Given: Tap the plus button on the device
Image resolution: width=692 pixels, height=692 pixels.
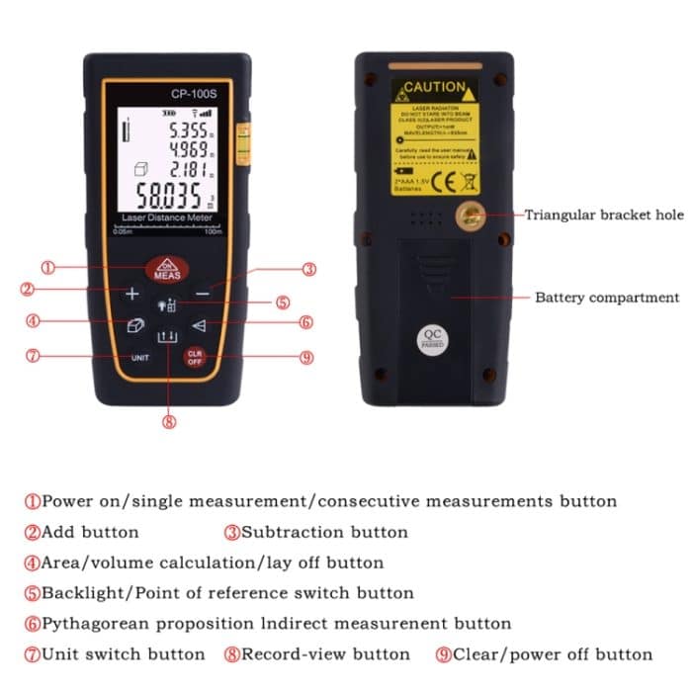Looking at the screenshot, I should (x=131, y=294).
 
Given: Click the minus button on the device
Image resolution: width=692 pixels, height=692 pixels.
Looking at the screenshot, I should (x=202, y=294).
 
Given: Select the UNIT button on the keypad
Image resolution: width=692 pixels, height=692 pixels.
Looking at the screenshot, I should (x=139, y=357).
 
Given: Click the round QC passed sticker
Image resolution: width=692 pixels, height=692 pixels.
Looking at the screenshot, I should (x=432, y=339).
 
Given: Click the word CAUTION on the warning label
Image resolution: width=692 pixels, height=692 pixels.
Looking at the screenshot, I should (x=434, y=88).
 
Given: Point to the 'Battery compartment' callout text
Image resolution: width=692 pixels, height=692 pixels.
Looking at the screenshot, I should (x=607, y=298).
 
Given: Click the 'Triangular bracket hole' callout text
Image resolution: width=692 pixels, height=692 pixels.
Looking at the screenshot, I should (x=603, y=215).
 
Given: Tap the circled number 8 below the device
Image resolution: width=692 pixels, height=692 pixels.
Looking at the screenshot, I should (x=168, y=421).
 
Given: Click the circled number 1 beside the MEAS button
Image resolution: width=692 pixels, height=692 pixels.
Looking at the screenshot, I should (x=47, y=267).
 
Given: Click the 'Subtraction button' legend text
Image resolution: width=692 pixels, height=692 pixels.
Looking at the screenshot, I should (x=324, y=532).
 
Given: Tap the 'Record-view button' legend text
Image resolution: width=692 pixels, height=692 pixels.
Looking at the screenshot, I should (x=325, y=654).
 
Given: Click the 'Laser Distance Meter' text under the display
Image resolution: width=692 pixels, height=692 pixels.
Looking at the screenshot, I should (x=167, y=217).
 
